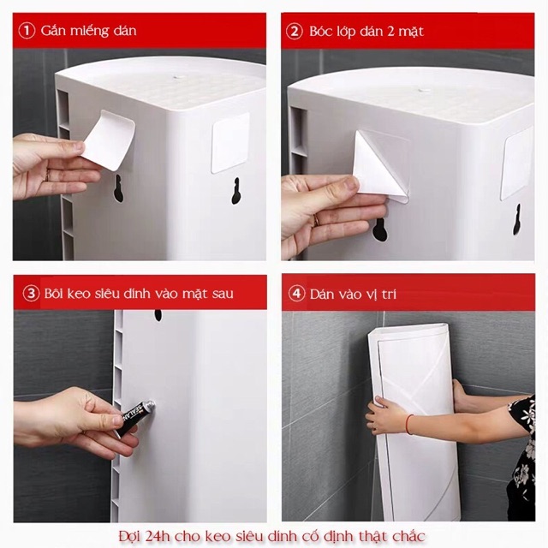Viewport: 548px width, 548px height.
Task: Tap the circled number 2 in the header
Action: [x=295, y=31]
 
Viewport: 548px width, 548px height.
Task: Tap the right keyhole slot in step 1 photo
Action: [x=235, y=190]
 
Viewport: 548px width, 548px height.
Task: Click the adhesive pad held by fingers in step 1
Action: [x=110, y=137]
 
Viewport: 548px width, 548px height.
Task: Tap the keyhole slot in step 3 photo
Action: [x=158, y=315]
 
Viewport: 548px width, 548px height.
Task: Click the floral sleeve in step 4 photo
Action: [x=521, y=445]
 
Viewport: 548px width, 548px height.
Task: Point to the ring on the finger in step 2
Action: [x=316, y=220]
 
